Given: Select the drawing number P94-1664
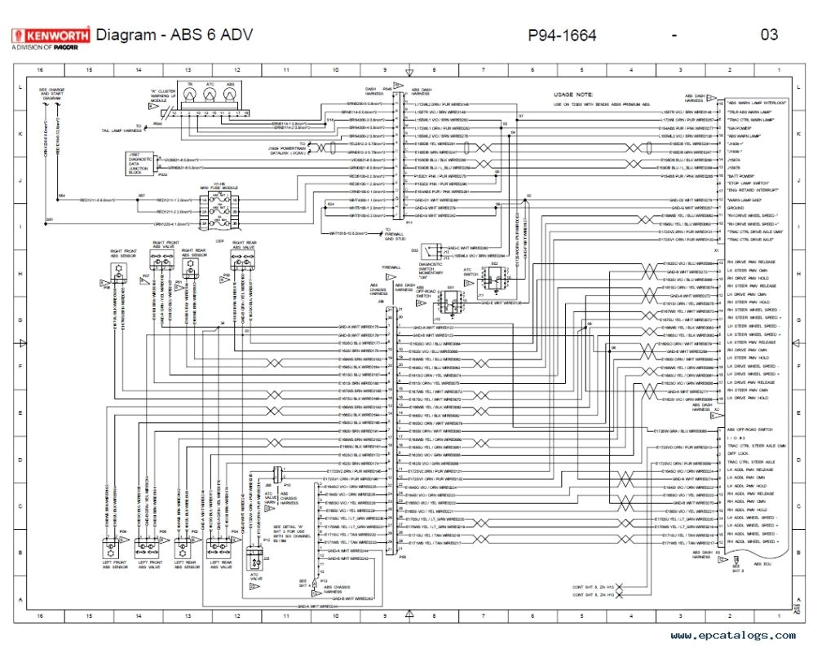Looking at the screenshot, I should coord(562,35).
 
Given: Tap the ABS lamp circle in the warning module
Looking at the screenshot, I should coord(230,95).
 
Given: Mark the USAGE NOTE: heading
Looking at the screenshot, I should coord(573,95).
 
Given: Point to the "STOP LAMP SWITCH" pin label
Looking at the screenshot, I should coord(746,183).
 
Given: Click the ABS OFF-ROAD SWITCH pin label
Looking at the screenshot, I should coord(749,430).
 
